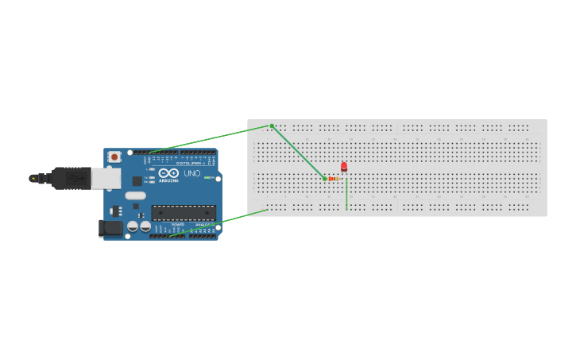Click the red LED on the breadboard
click(x=344, y=167)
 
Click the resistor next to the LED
click(x=333, y=179)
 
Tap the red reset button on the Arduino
click(x=114, y=157)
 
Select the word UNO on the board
click(x=192, y=173)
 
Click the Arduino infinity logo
click(x=168, y=172)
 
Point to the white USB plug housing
click(x=106, y=179)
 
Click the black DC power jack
click(x=110, y=229)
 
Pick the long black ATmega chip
click(x=184, y=213)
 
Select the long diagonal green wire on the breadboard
click(x=298, y=152)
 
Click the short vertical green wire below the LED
click(x=346, y=195)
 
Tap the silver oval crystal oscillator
click(x=136, y=195)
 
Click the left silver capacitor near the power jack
click(x=133, y=226)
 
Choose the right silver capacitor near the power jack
click(x=145, y=226)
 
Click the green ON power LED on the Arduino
click(x=207, y=177)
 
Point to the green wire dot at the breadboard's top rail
click(x=272, y=126)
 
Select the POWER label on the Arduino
click(x=177, y=225)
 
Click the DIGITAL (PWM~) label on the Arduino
click(x=191, y=163)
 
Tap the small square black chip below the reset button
click(x=137, y=181)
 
